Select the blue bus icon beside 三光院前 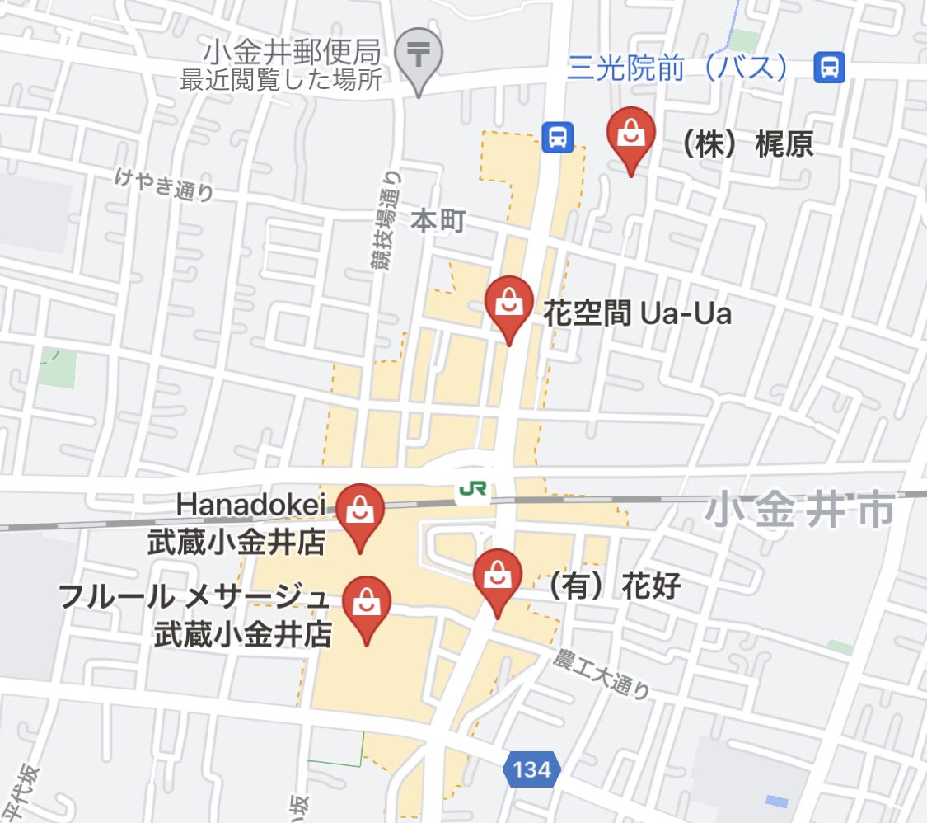point(829,67)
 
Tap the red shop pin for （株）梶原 point(630,134)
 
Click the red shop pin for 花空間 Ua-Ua point(509,303)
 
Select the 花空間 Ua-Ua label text point(637,313)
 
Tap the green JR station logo point(472,490)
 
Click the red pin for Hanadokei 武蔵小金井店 point(361,510)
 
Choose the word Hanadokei point(250,503)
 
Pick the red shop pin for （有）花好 point(496,576)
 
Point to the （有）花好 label point(614,586)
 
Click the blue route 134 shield point(531,769)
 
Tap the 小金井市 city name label point(799,510)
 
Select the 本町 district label point(438,221)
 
